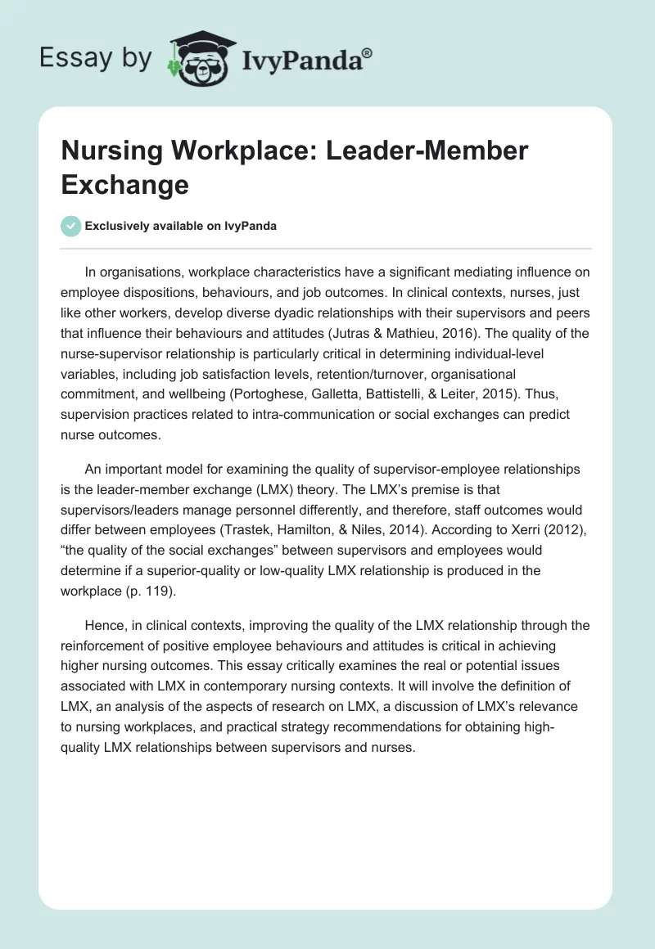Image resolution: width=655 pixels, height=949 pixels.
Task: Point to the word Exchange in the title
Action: click(x=124, y=184)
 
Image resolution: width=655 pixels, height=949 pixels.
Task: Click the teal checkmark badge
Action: click(x=71, y=226)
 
